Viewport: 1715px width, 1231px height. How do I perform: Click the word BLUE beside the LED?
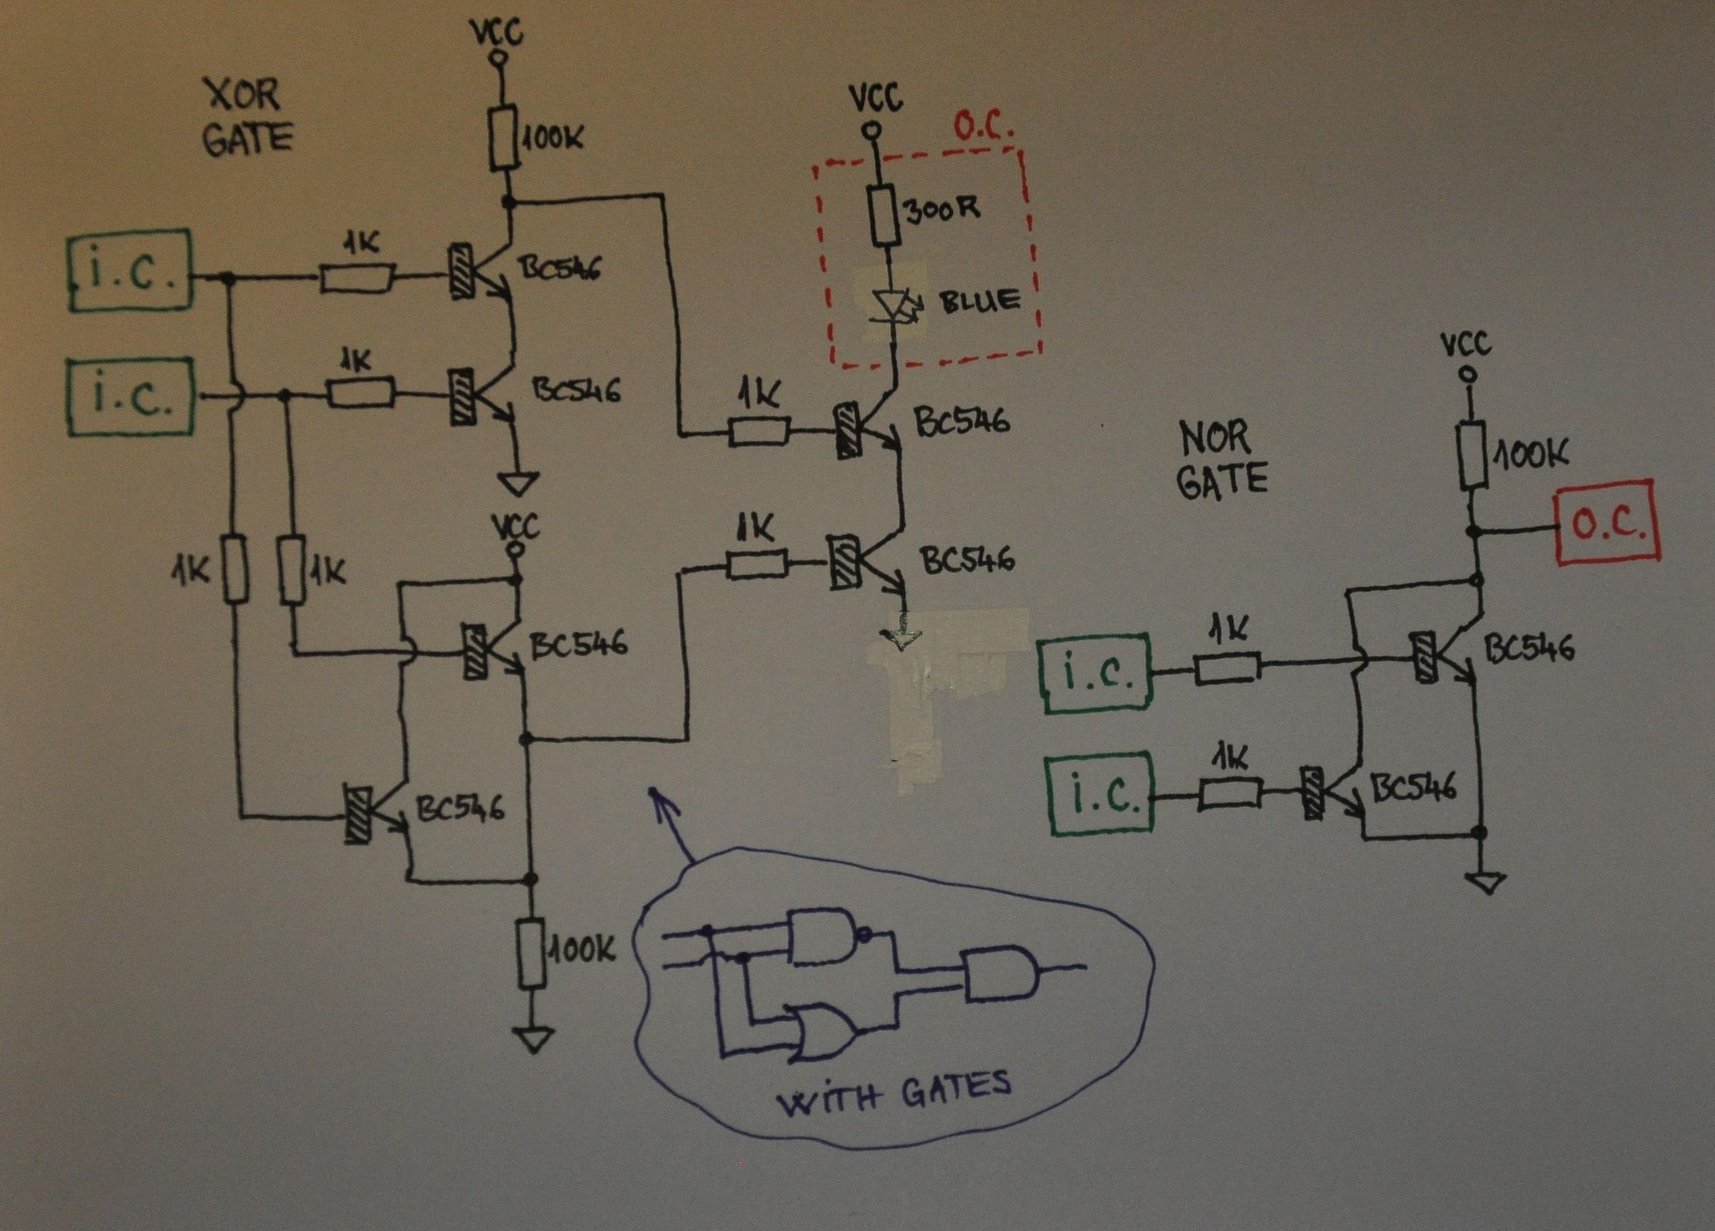(980, 301)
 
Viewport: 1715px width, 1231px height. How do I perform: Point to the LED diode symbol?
(893, 307)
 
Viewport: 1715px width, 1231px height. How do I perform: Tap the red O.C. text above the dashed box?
(983, 129)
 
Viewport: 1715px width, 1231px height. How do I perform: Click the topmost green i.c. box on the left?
(130, 271)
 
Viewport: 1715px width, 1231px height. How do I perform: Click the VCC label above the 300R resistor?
(875, 99)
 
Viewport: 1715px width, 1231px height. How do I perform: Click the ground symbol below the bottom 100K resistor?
(533, 1040)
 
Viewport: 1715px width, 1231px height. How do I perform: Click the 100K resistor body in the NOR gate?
(1472, 454)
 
